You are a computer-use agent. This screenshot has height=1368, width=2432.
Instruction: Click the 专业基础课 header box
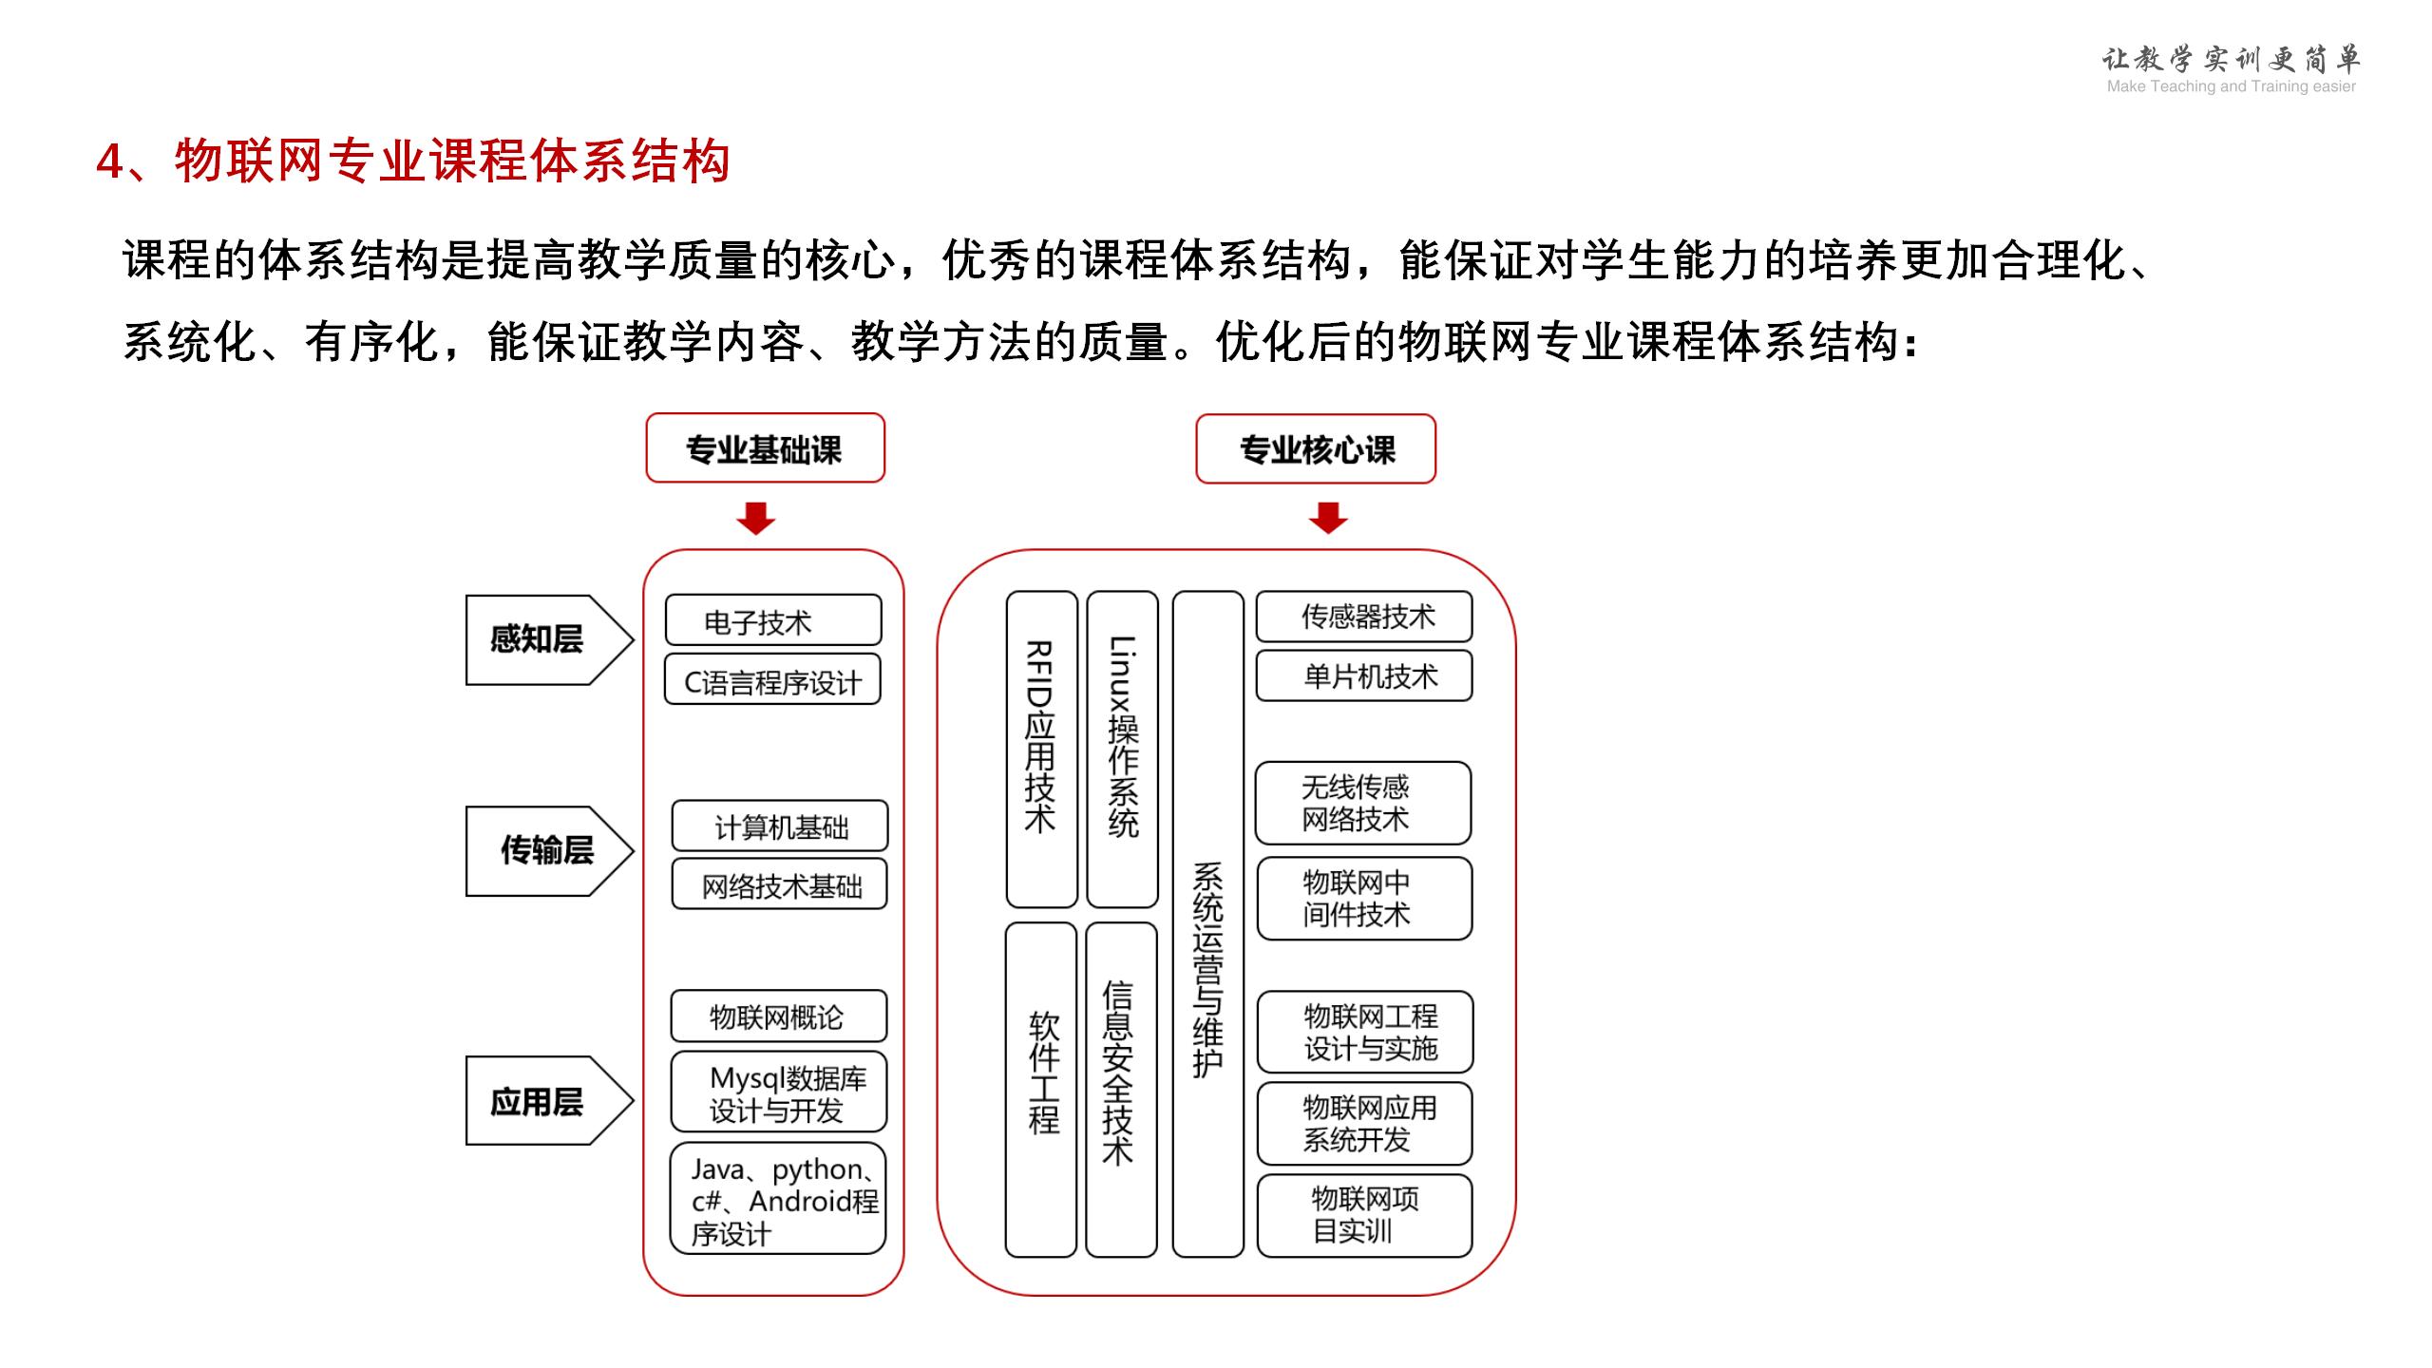pyautogui.click(x=765, y=447)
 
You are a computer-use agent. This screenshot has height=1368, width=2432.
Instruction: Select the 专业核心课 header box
pyautogui.click(x=1316, y=448)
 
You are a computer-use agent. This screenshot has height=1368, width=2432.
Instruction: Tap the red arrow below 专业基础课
pyautogui.click(x=756, y=518)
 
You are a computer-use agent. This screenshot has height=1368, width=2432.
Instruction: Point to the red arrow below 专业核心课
pyautogui.click(x=1328, y=518)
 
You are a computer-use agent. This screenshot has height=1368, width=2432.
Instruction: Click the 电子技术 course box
pyautogui.click(x=773, y=620)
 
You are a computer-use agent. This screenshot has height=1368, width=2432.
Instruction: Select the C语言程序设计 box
pyautogui.click(x=772, y=679)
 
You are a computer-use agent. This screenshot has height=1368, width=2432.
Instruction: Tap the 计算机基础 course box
pyautogui.click(x=780, y=826)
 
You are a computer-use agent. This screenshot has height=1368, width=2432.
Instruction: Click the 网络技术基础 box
pyautogui.click(x=780, y=884)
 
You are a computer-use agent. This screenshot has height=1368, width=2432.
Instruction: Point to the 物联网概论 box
pyautogui.click(x=779, y=1016)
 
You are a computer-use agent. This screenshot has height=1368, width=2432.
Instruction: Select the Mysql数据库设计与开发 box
pyautogui.click(x=779, y=1092)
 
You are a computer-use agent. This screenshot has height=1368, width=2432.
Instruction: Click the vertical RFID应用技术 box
pyautogui.click(x=1042, y=750)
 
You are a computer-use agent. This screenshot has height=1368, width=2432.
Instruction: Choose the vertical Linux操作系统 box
pyautogui.click(x=1123, y=750)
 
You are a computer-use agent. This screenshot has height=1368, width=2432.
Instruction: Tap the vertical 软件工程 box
pyautogui.click(x=1041, y=1090)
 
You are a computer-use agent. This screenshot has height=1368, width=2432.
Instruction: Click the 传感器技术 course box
pyautogui.click(x=1364, y=617)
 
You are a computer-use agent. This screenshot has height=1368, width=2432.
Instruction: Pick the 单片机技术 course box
pyautogui.click(x=1364, y=675)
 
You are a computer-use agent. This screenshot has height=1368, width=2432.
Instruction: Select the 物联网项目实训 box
pyautogui.click(x=1365, y=1216)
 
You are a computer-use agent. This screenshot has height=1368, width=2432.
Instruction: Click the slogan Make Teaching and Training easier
pyautogui.click(x=2231, y=86)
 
